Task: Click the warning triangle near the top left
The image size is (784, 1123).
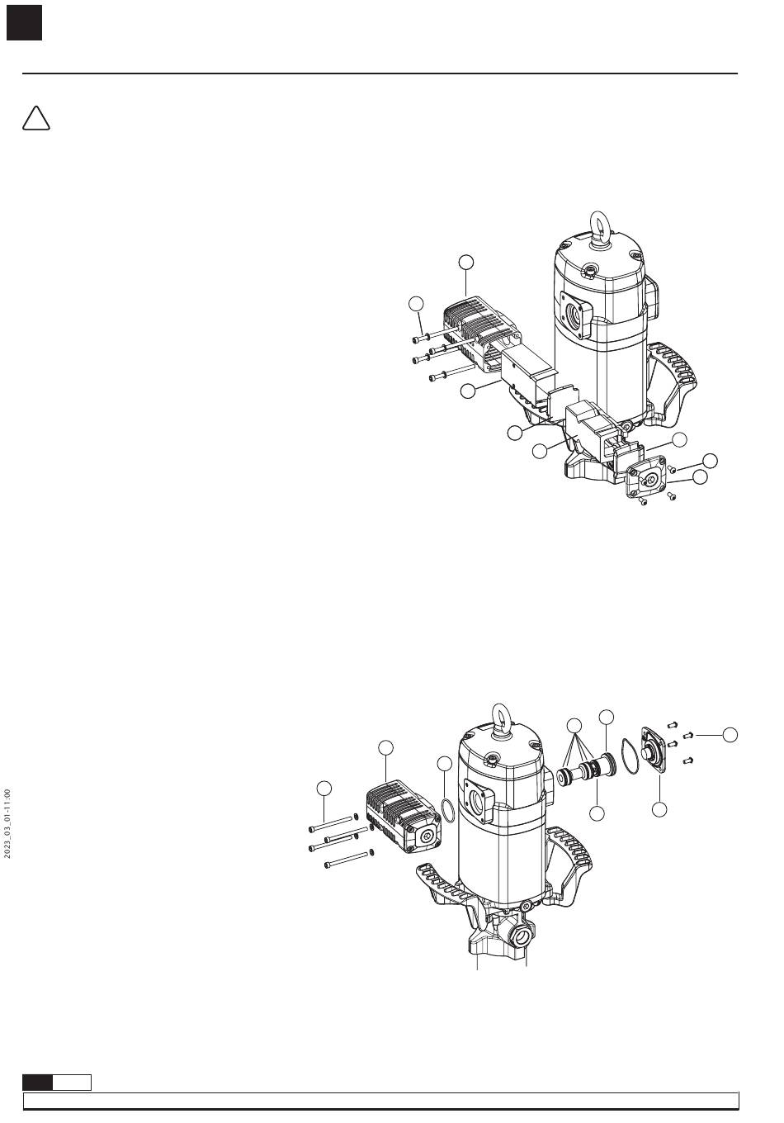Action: (35, 119)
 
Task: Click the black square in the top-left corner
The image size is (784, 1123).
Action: (24, 23)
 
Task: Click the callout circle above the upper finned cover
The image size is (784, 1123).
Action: (466, 262)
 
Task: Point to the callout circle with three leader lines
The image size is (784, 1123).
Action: (576, 726)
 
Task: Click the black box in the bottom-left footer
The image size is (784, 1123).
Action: (38, 1082)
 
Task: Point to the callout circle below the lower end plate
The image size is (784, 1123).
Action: (659, 810)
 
